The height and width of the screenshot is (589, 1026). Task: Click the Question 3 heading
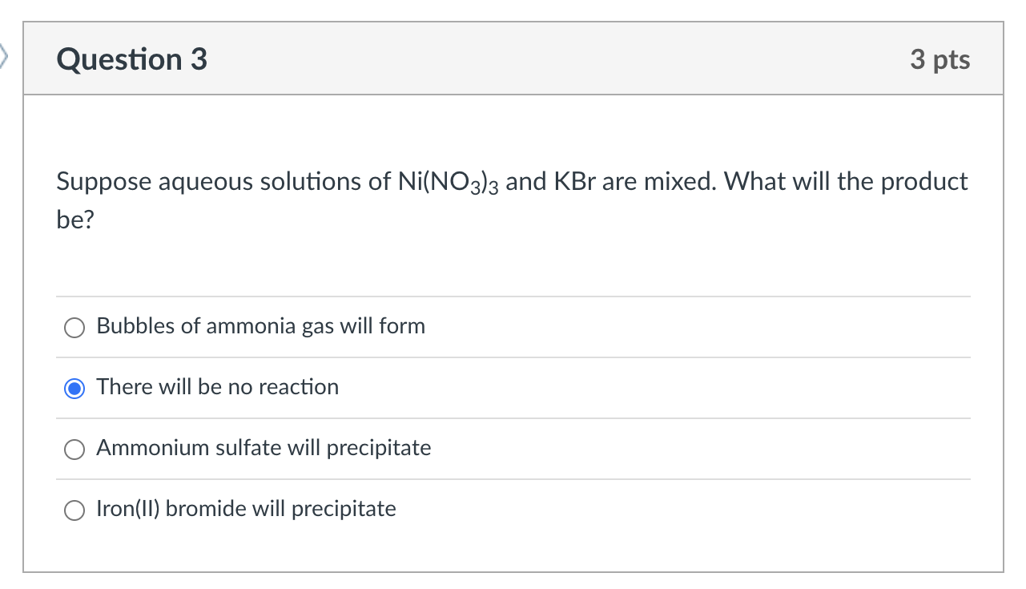pyautogui.click(x=132, y=59)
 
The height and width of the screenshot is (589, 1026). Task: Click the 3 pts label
pyautogui.click(x=939, y=59)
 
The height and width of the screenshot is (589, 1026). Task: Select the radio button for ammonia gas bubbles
pyautogui.click(x=74, y=328)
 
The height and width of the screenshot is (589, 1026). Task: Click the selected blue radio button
pyautogui.click(x=74, y=389)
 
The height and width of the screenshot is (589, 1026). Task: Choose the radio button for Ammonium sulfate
pyautogui.click(x=74, y=450)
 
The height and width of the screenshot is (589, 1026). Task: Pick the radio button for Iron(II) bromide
pyautogui.click(x=74, y=510)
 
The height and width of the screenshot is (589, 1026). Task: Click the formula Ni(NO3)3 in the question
pyautogui.click(x=448, y=183)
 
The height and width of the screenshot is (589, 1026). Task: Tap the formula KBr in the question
pyautogui.click(x=575, y=182)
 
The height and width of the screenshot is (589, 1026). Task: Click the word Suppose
pyautogui.click(x=104, y=183)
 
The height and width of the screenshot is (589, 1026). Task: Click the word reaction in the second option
pyautogui.click(x=299, y=387)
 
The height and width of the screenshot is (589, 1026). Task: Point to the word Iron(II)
pyautogui.click(x=128, y=509)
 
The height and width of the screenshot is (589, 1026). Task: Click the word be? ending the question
pyautogui.click(x=75, y=219)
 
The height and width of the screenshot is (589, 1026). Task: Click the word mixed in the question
pyautogui.click(x=680, y=182)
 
